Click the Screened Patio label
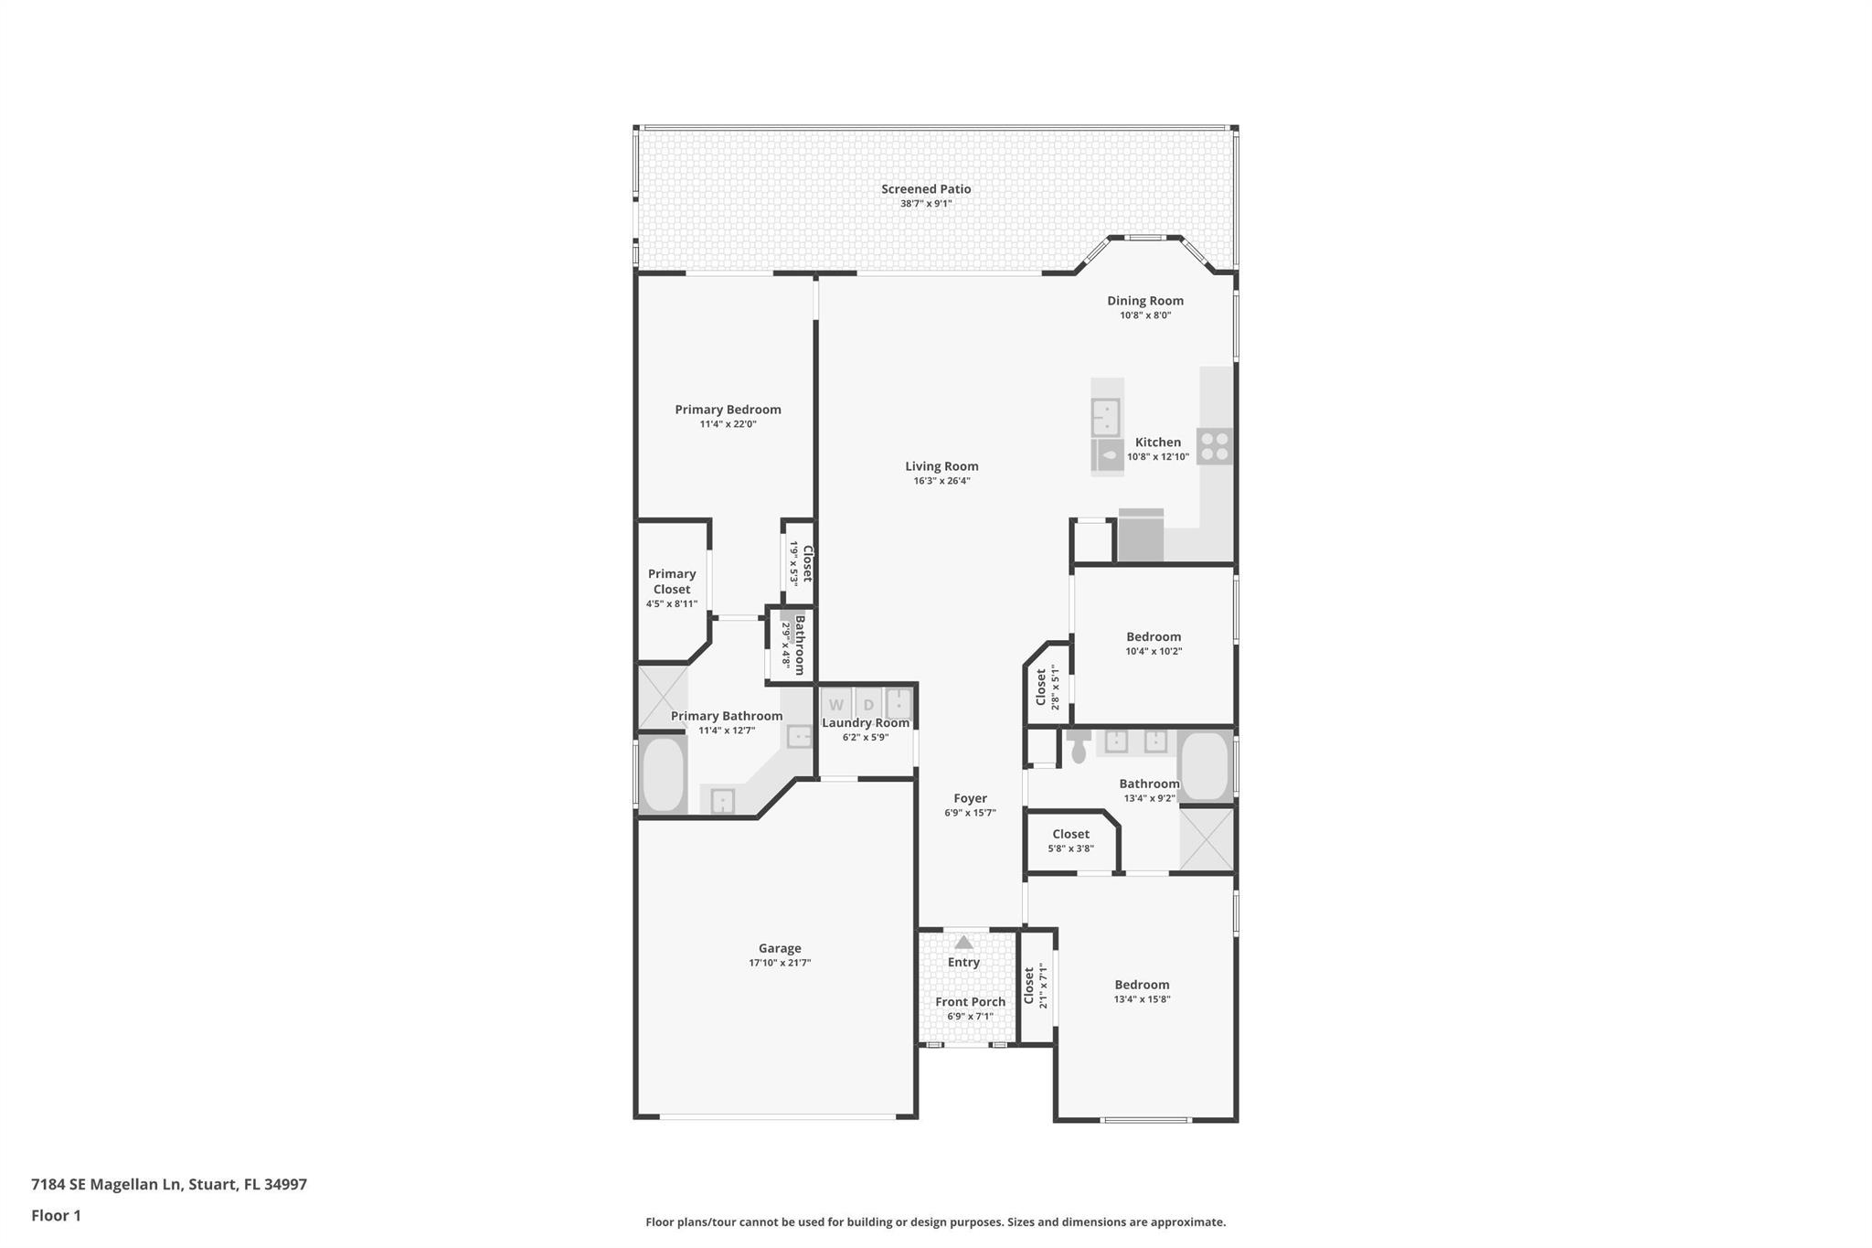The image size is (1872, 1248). [926, 189]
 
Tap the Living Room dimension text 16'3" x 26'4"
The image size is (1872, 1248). [941, 481]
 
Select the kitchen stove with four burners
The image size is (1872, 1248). [1215, 446]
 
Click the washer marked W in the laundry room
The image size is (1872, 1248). [835, 705]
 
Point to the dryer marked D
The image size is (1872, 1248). [868, 705]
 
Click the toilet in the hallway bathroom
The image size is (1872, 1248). [1079, 746]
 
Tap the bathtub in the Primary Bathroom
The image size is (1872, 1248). [663, 774]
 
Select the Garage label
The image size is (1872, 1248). [780, 948]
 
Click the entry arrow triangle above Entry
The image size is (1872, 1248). [963, 942]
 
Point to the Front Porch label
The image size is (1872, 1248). [970, 1002]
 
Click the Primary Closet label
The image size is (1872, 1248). [672, 581]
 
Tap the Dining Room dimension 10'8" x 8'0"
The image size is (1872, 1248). [1145, 315]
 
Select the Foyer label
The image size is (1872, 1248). [970, 798]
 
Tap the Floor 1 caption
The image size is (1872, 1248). [56, 1215]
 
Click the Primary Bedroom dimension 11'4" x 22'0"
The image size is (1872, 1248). [728, 424]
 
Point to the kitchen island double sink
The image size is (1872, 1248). [1106, 418]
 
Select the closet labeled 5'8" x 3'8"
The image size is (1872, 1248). [1070, 840]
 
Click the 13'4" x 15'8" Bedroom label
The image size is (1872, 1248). [1142, 985]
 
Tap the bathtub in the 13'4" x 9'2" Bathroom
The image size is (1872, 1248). [1206, 766]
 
